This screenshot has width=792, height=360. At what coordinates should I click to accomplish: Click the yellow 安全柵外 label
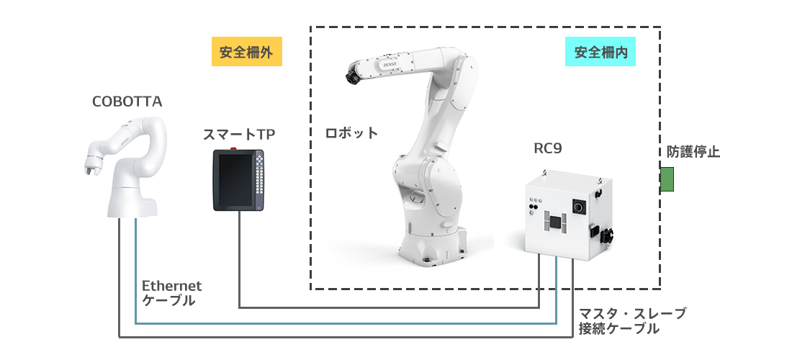246,53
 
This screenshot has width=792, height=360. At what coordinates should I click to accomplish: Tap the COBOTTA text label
127,102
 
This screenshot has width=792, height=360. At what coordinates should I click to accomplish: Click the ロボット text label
351,133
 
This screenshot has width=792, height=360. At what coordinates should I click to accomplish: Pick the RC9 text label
547,149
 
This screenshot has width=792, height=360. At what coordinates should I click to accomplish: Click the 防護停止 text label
693,152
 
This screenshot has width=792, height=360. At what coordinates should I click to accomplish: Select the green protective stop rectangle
667,179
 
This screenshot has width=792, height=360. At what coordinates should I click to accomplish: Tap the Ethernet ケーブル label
171,293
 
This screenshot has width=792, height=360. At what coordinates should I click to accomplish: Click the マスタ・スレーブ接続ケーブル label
632,321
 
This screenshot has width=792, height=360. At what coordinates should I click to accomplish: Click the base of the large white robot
431,245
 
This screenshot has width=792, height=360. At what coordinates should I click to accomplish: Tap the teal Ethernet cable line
346,323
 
